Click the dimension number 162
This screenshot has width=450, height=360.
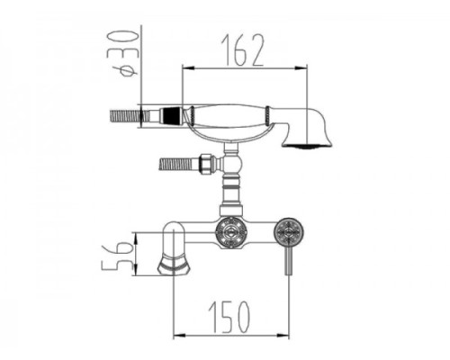point(242,50)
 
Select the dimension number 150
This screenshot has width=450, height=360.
point(229,317)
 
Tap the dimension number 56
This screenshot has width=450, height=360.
point(118,256)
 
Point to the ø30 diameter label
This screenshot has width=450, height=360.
point(127,54)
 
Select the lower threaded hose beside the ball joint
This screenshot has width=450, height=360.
point(175,165)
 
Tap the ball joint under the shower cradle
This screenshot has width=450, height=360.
point(231,164)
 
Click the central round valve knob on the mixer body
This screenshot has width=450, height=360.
point(231,232)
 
